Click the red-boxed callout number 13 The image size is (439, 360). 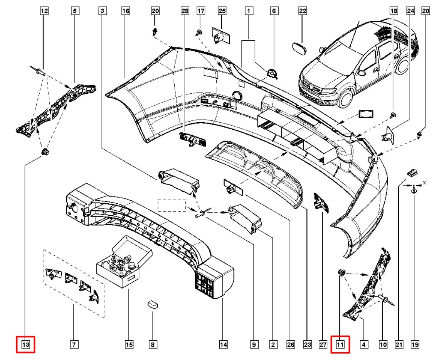[25, 345]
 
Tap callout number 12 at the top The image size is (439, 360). [44, 11]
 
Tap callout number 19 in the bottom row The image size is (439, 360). [414, 345]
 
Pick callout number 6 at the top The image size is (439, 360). [274, 11]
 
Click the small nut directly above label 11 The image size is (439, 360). [340, 272]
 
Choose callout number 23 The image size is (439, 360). [307, 345]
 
